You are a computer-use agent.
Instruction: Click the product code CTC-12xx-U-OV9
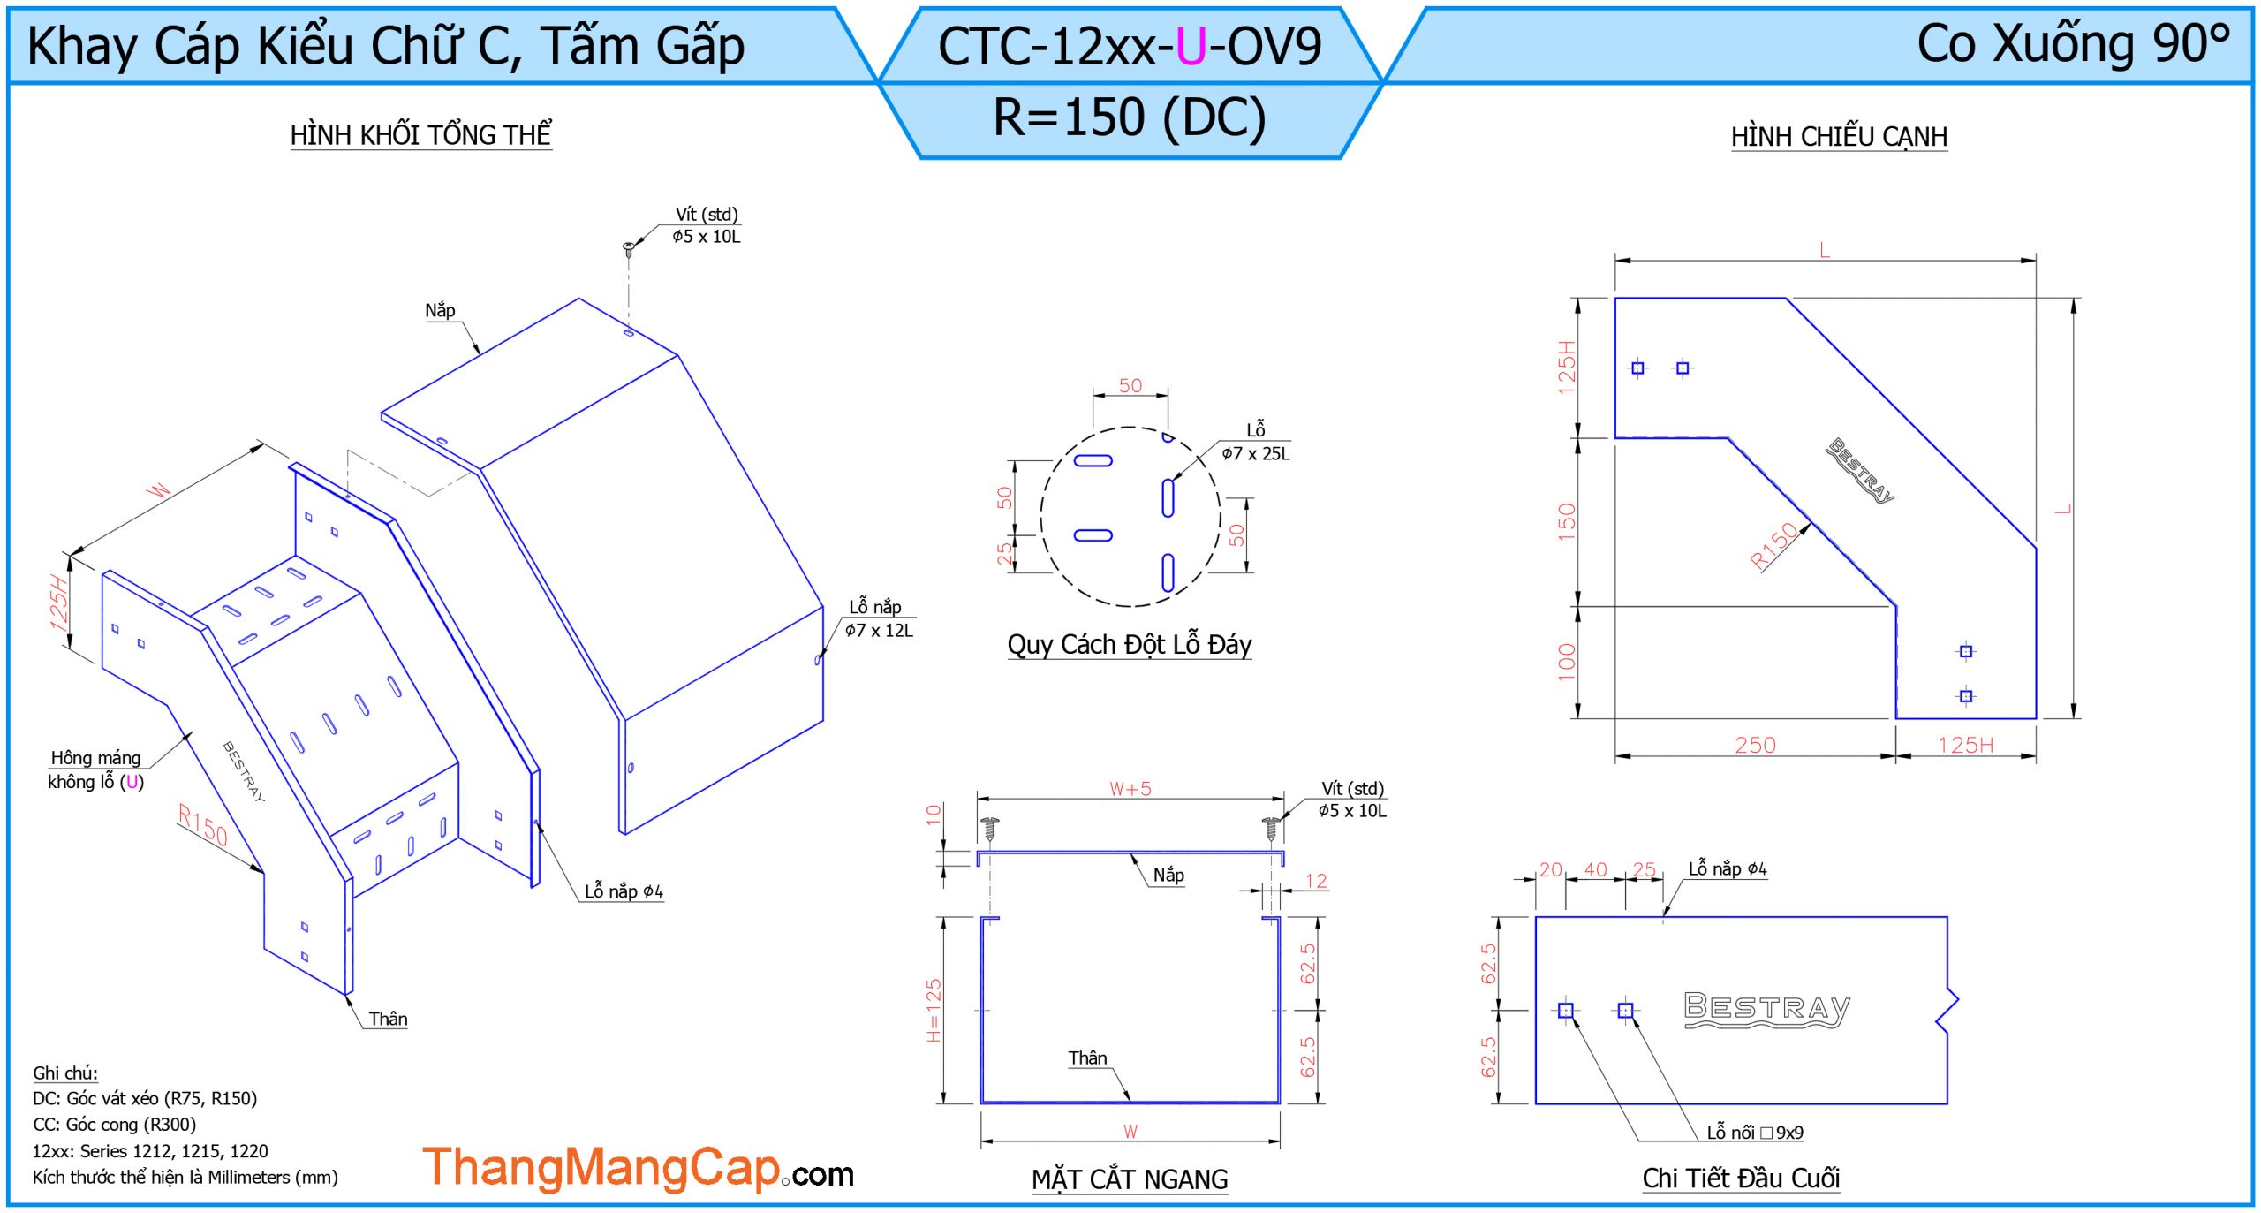tap(1130, 46)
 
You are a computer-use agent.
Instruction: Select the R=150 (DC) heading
tap(1130, 117)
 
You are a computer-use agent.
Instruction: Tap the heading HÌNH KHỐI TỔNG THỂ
tap(421, 135)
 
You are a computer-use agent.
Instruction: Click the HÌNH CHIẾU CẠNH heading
tap(1839, 137)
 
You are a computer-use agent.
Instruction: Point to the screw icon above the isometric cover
tap(629, 248)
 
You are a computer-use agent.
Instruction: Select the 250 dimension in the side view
tap(1755, 746)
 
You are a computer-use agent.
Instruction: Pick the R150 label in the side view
tap(1773, 545)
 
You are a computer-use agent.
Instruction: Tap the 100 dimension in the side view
tap(1567, 663)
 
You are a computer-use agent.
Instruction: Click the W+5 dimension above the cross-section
tap(1130, 789)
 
